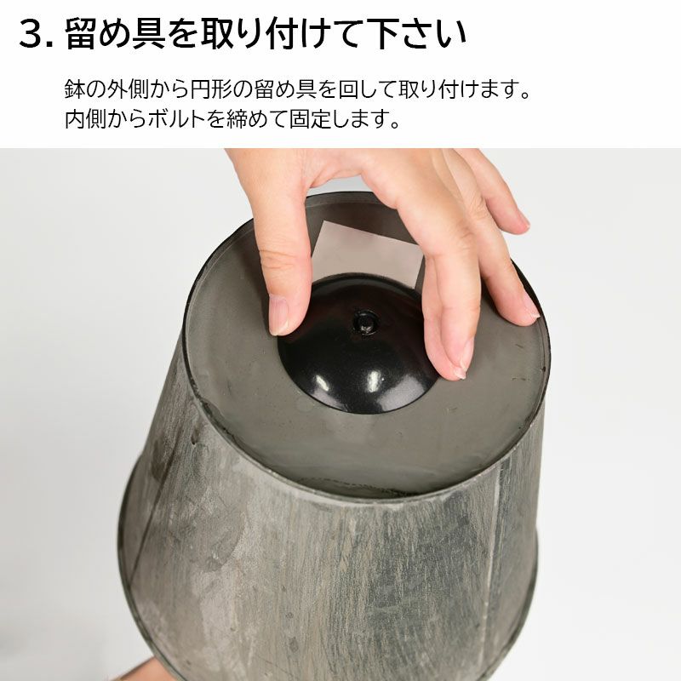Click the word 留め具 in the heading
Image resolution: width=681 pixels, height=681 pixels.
pyautogui.click(x=115, y=34)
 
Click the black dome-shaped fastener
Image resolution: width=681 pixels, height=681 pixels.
pyautogui.click(x=356, y=347)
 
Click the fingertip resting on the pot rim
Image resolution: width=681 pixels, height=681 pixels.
pyautogui.click(x=529, y=306)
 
